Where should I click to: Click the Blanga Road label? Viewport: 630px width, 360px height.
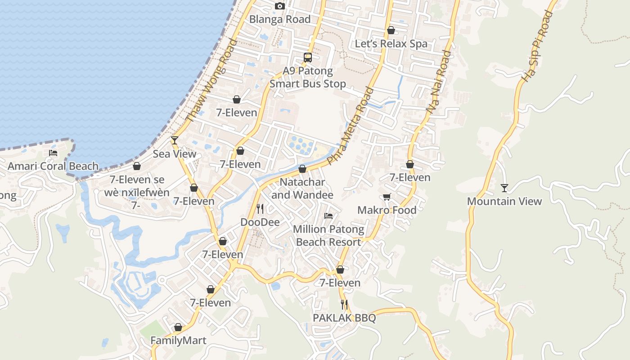279,19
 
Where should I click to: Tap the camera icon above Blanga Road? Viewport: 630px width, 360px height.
280,6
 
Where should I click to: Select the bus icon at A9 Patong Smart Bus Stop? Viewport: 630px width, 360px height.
308,58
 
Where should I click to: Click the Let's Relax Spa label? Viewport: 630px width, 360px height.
391,44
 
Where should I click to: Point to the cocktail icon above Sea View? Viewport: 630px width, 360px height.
175,140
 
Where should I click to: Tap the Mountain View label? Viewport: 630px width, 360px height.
504,201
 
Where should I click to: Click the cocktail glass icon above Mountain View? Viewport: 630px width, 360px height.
504,188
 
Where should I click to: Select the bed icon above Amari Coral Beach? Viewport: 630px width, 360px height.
53,153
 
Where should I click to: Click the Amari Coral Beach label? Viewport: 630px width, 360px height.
53,166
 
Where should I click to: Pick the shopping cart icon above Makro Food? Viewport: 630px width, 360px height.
387,197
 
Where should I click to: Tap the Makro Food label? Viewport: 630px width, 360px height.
387,210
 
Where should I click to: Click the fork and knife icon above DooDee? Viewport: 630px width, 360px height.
260,209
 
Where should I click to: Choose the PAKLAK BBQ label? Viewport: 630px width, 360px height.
344,318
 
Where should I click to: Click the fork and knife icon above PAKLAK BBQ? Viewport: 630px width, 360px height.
344,305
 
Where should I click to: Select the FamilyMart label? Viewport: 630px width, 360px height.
178,340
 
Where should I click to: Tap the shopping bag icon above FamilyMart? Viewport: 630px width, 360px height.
178,327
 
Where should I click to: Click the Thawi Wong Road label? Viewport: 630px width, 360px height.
211,81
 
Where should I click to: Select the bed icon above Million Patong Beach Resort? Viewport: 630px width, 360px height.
328,216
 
